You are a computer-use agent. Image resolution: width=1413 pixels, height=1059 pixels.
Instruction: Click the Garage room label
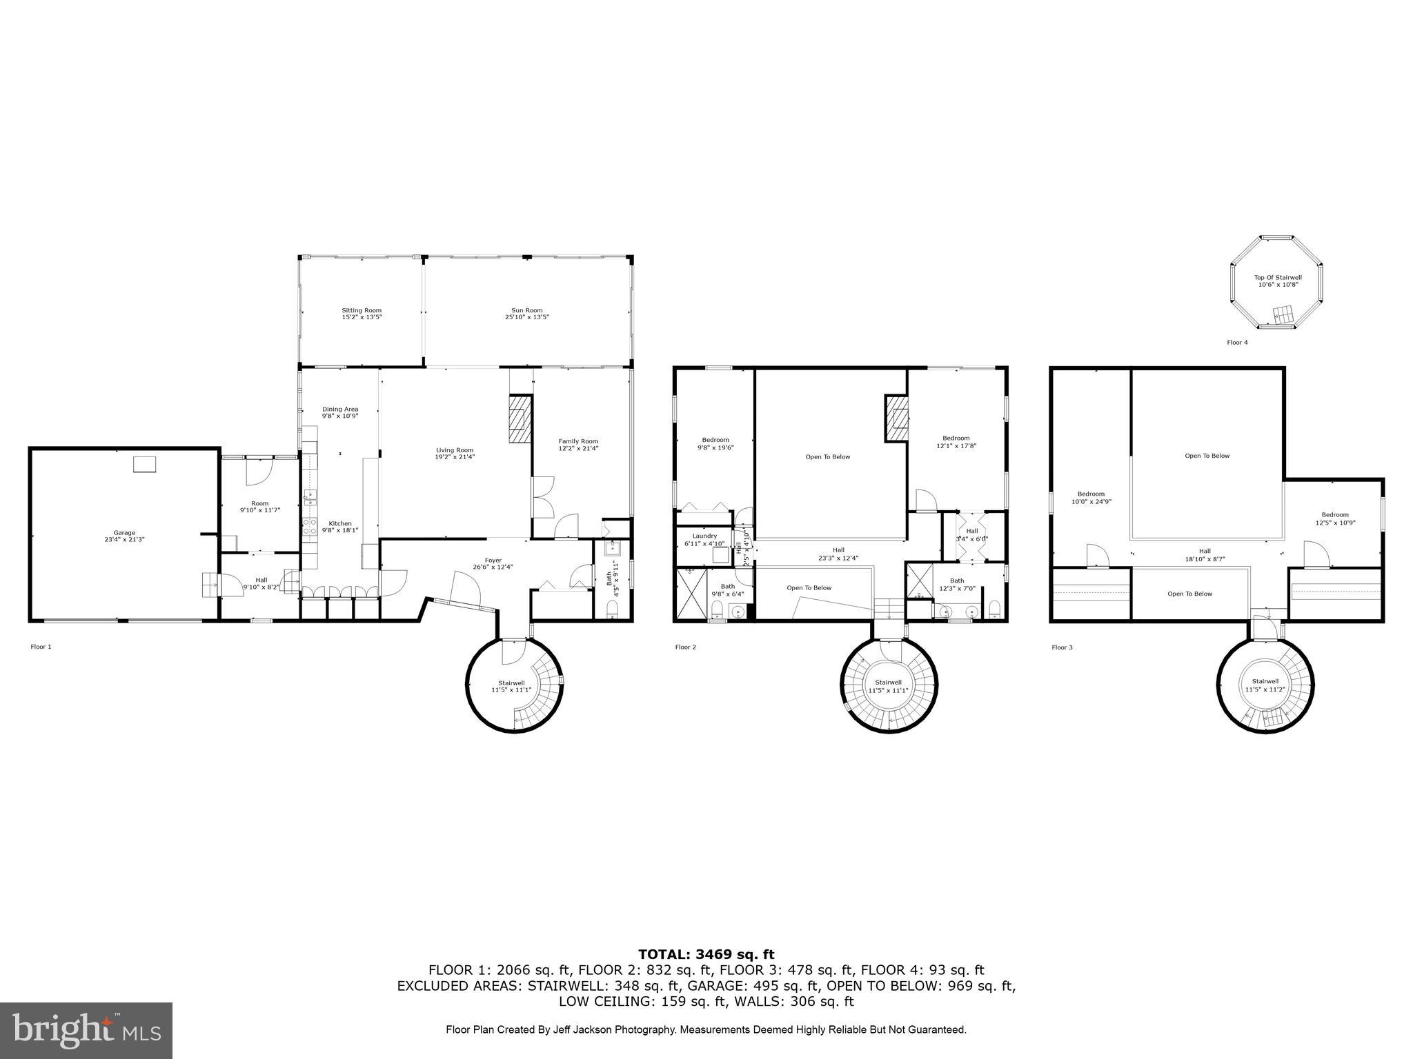pyautogui.click(x=124, y=532)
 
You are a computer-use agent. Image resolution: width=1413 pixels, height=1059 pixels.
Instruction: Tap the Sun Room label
pyautogui.click(x=526, y=310)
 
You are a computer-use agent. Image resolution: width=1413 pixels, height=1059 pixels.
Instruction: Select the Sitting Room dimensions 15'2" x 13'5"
pyautogui.click(x=362, y=317)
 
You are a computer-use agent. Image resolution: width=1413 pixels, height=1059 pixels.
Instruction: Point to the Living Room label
pyautogui.click(x=455, y=450)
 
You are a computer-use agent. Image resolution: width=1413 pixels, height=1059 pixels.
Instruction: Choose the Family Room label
pyautogui.click(x=578, y=441)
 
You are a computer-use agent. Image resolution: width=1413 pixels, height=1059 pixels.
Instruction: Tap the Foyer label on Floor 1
pyautogui.click(x=493, y=560)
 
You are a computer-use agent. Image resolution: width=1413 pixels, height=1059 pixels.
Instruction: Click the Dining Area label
pyautogui.click(x=340, y=409)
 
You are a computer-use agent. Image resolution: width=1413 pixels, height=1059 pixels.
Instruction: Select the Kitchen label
pyautogui.click(x=340, y=523)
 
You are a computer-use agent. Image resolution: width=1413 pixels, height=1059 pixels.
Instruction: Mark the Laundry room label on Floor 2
pyautogui.click(x=704, y=536)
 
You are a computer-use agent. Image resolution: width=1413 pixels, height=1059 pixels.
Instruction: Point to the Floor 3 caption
pyautogui.click(x=1062, y=647)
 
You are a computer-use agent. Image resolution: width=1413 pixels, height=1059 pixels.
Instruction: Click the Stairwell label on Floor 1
pyautogui.click(x=511, y=683)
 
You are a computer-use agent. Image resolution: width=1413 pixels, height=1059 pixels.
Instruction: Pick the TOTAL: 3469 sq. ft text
pyautogui.click(x=706, y=954)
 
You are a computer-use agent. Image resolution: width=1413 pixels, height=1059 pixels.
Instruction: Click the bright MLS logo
pyautogui.click(x=86, y=1031)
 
